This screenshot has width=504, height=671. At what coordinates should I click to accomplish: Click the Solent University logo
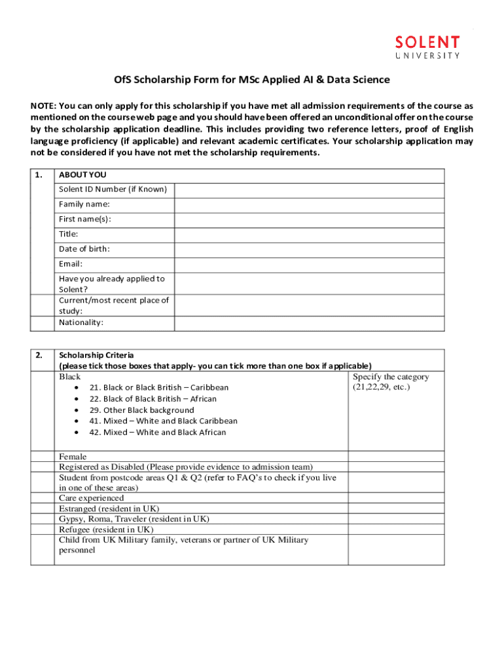coord(427,47)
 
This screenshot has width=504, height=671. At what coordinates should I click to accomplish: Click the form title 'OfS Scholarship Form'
coord(252,80)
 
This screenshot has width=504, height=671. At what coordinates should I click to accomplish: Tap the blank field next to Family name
coord(309,204)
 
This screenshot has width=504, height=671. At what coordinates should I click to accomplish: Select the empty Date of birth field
coord(309,249)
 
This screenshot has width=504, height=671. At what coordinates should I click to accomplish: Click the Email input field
coord(309,264)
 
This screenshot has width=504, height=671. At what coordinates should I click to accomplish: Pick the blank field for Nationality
coord(309,323)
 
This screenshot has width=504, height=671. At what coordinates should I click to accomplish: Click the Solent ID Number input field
coord(309,190)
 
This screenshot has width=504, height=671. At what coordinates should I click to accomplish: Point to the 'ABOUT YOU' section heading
coord(82,175)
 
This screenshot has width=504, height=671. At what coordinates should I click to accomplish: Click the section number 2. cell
coord(41,355)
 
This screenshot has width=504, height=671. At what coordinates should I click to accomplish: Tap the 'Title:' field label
coord(69,234)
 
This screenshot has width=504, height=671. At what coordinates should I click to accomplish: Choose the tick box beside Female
coord(395,457)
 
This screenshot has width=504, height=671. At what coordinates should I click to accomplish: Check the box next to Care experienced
coord(395,498)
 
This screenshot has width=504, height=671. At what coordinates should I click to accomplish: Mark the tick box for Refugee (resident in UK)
coord(395,529)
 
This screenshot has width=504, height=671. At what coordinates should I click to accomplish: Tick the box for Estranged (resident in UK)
coord(395,508)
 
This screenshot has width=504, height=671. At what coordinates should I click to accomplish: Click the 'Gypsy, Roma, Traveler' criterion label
coord(134,519)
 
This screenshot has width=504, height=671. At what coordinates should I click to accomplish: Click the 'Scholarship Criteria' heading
coord(96,355)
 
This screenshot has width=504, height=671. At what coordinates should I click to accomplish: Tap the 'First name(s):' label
coord(85,220)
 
